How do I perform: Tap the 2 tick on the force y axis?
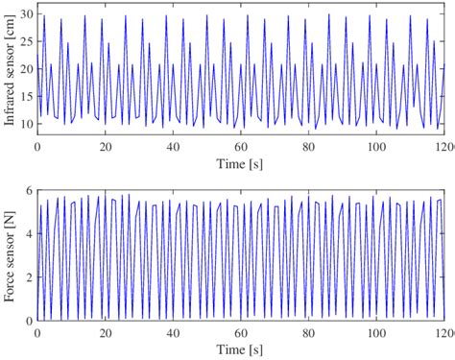pos(30,277)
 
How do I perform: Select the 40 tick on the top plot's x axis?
pos(173,147)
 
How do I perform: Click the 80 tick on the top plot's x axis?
pos(308,147)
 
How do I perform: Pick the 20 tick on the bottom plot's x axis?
pos(105,332)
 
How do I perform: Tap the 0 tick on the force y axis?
pos(30,321)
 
